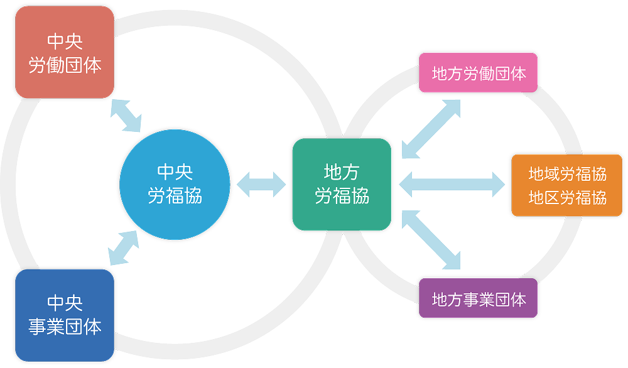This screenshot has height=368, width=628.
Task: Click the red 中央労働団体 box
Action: pyautogui.click(x=64, y=53)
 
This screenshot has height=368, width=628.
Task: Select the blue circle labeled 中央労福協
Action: pyautogui.click(x=175, y=184)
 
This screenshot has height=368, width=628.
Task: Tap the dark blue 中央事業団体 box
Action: pyautogui.click(x=64, y=315)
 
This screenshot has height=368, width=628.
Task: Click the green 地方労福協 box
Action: pyautogui.click(x=342, y=184)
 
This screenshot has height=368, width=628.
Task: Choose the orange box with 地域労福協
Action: pyautogui.click(x=566, y=185)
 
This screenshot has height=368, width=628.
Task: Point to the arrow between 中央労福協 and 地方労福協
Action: pyautogui.click(x=261, y=184)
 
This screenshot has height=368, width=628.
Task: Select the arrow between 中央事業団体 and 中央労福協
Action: pyautogui.click(x=123, y=247)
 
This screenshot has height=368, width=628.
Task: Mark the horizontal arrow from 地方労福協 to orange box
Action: pyautogui.click(x=452, y=184)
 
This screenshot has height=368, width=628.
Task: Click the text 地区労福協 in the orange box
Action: pyautogui.click(x=567, y=198)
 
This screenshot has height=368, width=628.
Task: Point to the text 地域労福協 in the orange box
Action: pyautogui.click(x=567, y=173)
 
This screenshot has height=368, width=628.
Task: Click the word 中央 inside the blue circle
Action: pyautogui.click(x=175, y=172)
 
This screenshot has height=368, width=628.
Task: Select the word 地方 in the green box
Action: pyautogui.click(x=342, y=172)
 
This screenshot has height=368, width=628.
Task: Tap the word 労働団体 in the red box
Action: pyautogui.click(x=64, y=65)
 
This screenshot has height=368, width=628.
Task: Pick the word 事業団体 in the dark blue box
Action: pyautogui.click(x=64, y=327)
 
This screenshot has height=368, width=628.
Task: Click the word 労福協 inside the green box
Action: pyautogui.click(x=342, y=197)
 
